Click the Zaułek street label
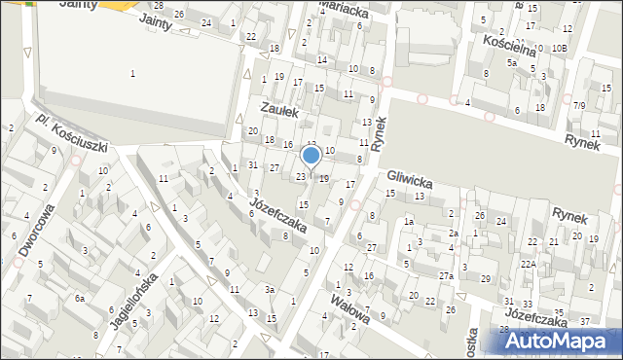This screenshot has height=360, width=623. (x=279, y=113)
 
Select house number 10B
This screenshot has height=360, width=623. (x=559, y=48)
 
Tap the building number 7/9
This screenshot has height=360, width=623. (x=579, y=105)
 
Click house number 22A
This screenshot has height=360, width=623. (x=528, y=264)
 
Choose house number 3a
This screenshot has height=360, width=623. (x=270, y=289)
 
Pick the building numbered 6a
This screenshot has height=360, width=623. (x=82, y=298)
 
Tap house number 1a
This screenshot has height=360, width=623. (x=410, y=222)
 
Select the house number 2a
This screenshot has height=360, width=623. (x=453, y=234)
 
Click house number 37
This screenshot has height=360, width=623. (x=584, y=321)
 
